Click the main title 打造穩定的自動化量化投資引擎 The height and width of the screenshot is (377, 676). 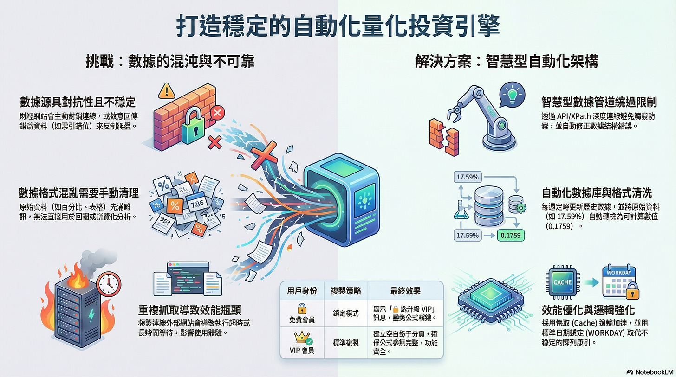(338, 26)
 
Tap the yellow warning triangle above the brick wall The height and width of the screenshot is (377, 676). (166, 91)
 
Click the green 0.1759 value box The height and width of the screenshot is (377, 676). (510, 236)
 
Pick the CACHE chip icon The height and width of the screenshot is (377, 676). (562, 282)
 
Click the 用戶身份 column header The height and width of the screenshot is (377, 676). (302, 291)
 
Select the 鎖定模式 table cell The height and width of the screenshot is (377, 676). (345, 313)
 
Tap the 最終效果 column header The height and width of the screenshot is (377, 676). (405, 291)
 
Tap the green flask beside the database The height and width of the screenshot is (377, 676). (459, 211)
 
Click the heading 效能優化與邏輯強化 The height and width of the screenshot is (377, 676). (588, 309)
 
